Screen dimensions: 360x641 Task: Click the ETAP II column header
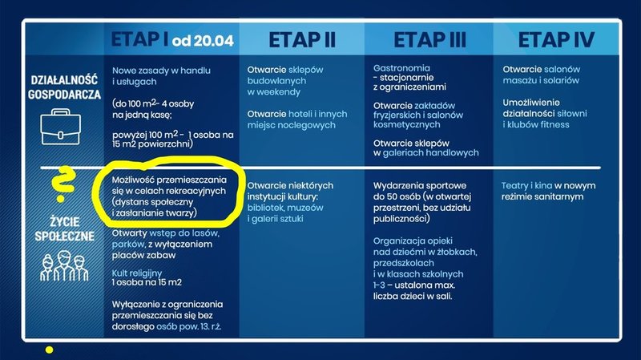(x=301, y=39)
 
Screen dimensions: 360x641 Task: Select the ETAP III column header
(x=427, y=39)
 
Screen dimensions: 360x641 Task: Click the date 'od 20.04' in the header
(x=206, y=41)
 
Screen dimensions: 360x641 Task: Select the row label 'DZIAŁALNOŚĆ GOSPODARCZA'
(x=65, y=87)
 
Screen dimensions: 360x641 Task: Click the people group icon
(x=65, y=264)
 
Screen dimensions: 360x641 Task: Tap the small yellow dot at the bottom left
(x=50, y=350)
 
